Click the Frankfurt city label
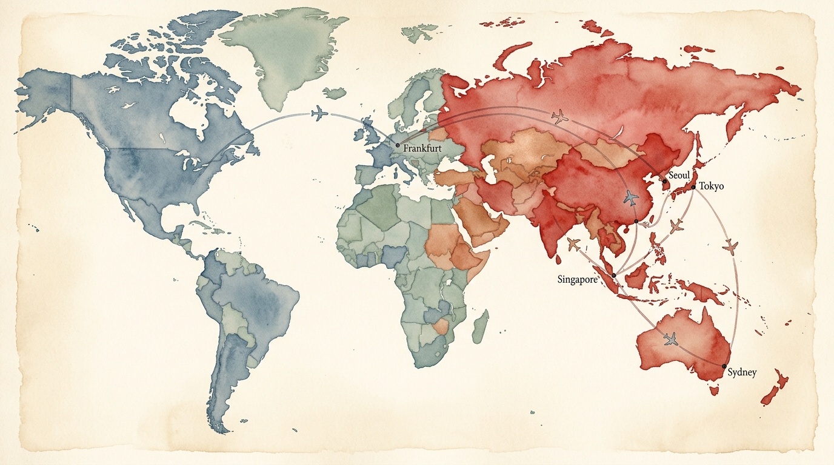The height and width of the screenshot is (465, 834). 422,147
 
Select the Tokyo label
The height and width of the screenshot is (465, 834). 711,186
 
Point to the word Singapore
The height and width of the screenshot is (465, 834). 577,279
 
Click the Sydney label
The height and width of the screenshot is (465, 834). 742,372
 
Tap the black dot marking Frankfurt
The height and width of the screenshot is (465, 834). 398,145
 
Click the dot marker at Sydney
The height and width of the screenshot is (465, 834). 724,366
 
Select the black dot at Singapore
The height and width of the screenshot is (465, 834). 614,275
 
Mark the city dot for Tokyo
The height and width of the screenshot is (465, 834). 693,187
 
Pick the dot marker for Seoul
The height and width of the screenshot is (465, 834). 664,181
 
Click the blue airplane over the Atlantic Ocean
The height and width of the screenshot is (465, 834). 319,113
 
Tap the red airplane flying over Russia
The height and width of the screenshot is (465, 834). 560,116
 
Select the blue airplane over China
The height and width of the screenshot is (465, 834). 631,197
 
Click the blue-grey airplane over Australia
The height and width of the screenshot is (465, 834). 670,339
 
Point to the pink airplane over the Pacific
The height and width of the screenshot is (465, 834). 730,246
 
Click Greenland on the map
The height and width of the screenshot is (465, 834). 285,54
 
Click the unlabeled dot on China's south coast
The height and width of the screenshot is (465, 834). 636,222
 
